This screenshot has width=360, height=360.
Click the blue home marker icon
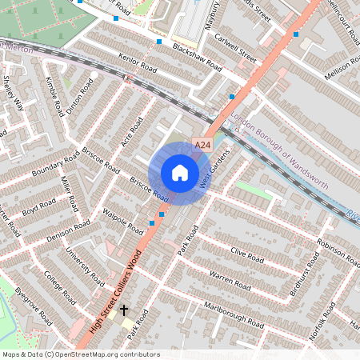click(x=180, y=173)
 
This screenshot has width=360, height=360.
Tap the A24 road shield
click(x=202, y=145)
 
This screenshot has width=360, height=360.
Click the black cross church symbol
click(x=124, y=310)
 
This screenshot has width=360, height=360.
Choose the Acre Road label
click(x=131, y=134)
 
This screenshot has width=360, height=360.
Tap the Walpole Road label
click(x=122, y=222)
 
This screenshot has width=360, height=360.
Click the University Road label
click(x=86, y=268)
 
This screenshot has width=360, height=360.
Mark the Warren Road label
click(x=230, y=279)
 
